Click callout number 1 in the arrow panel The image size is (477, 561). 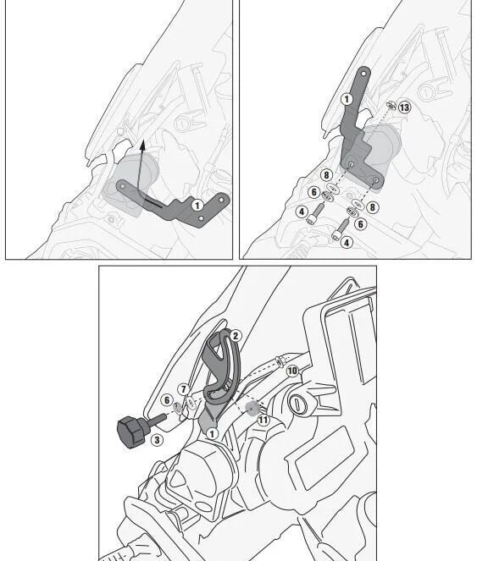(197, 205)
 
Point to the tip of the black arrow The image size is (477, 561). (141, 140)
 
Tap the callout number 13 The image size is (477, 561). (404, 107)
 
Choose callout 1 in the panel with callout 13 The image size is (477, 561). (347, 99)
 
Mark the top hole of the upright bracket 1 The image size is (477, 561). (362, 77)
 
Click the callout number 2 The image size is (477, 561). (236, 336)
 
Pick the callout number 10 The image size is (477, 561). (291, 371)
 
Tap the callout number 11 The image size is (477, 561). (263, 419)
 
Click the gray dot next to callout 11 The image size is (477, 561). (252, 408)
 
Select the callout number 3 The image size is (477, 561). (157, 440)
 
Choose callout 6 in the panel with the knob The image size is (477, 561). (167, 399)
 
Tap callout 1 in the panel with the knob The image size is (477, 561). (214, 433)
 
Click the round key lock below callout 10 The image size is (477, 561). (298, 404)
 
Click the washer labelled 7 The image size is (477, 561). (190, 405)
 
